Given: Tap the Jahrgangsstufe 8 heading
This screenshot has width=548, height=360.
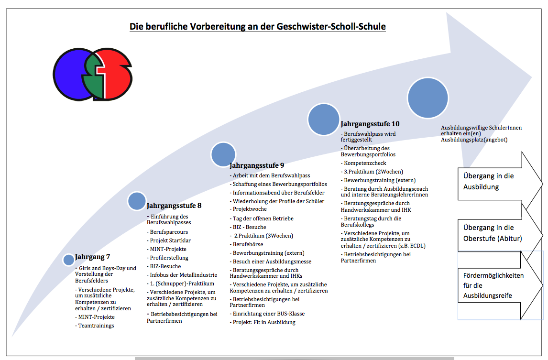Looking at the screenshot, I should coord(174,206).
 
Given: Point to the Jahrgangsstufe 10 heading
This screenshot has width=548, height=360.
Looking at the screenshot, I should coord(370,124).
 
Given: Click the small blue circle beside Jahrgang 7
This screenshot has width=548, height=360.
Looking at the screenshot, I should coord(69,260).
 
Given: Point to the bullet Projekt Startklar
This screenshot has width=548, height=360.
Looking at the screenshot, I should coord(170,240).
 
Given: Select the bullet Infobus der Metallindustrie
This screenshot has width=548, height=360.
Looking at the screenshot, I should coord(181,275).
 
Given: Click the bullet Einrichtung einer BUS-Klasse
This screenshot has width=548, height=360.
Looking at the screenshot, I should coord(269,314).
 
